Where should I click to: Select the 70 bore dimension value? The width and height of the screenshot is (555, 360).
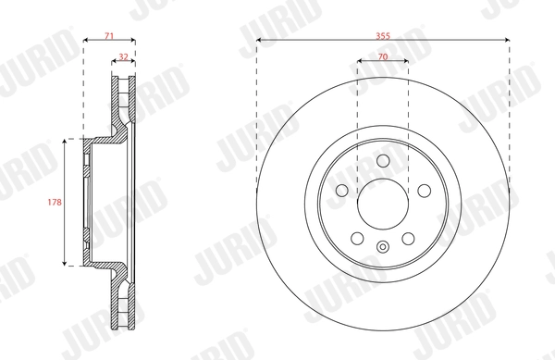tap(383, 56)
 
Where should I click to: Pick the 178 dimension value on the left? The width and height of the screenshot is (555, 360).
tap(55, 203)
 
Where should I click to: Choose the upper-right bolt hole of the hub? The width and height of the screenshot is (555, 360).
tap(425, 191)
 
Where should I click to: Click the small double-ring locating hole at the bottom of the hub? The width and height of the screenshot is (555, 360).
tap(383, 246)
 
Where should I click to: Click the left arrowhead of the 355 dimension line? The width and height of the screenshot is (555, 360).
tap(259, 39)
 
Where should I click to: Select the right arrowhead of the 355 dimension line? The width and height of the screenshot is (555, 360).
tap(508, 39)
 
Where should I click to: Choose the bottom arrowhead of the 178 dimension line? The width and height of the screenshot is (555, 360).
tap(65, 264)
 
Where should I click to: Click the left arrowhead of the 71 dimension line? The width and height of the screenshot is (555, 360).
tap(86, 40)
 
